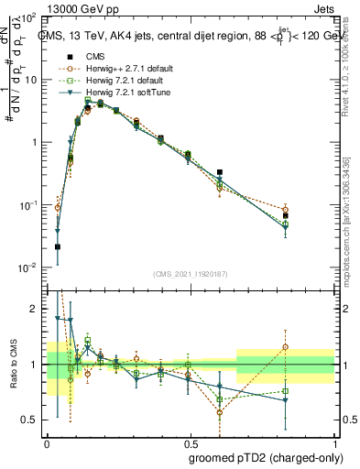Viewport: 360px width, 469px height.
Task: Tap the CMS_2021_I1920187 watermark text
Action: pyautogui.click(x=189, y=272)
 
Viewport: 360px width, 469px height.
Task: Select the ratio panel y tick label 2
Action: pyautogui.click(x=35, y=310)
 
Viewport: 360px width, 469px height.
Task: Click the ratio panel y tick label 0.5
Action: pyautogui.click(x=29, y=420)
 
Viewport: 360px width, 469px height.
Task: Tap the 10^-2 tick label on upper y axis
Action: pyautogui.click(x=28, y=267)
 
